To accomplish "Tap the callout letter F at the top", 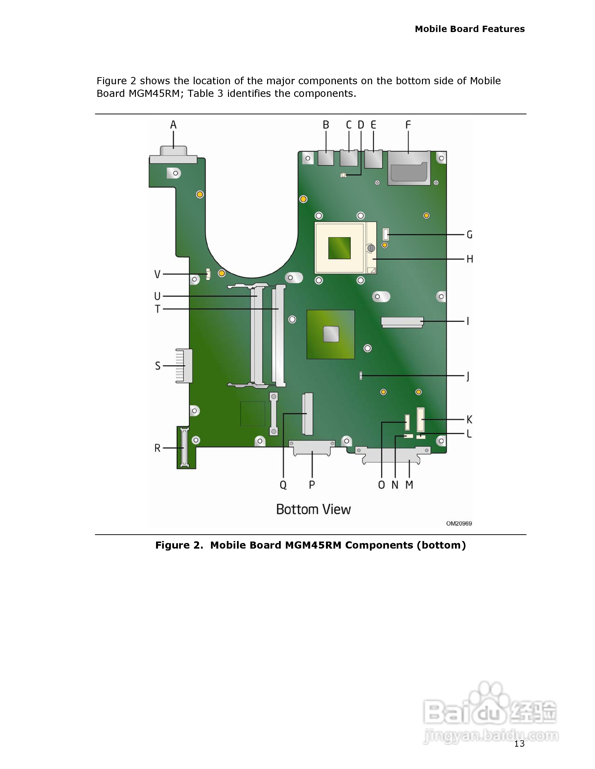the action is tap(408, 125).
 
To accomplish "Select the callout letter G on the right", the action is tap(470, 234).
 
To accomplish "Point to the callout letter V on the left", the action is tap(157, 274).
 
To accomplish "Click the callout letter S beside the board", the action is tap(157, 366).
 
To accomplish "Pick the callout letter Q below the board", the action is tap(283, 485).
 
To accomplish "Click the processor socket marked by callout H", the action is tap(345, 248).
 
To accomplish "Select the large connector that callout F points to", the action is tap(409, 168).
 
